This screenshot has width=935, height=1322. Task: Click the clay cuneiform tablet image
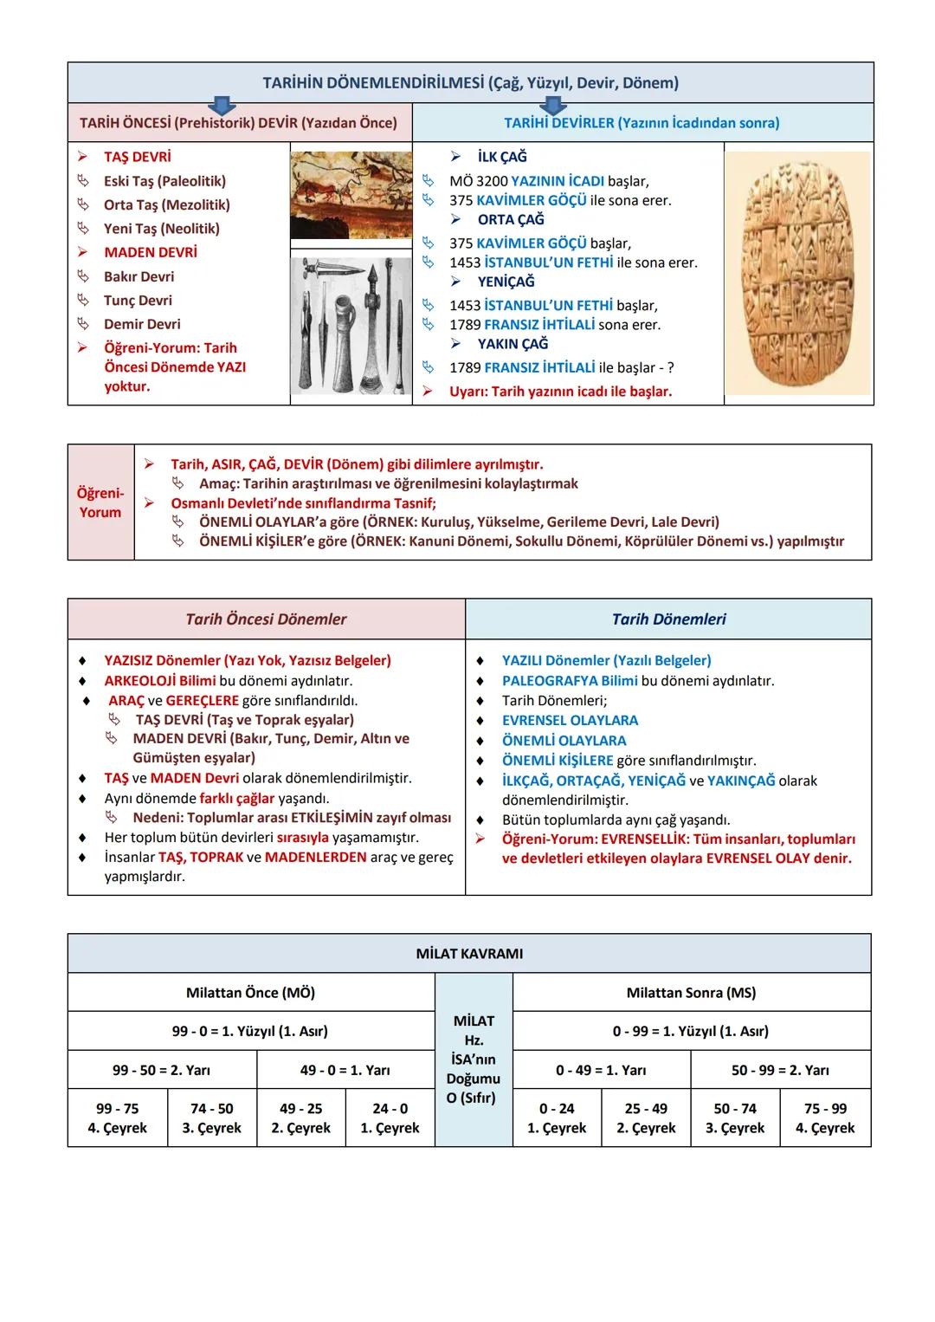pos(797,274)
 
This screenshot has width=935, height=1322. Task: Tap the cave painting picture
pos(351,195)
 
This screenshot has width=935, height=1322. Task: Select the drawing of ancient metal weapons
pos(351,327)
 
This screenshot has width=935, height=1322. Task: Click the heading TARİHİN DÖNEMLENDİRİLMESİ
pos(470,83)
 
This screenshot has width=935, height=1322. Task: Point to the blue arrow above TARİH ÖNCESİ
pos(222,106)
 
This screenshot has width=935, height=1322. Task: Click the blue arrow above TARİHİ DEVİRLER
pos(551,106)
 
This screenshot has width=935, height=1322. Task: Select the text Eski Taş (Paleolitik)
pos(164,181)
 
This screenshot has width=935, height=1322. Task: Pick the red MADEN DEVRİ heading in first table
pos(151,252)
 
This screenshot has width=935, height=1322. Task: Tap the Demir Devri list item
pos(142,324)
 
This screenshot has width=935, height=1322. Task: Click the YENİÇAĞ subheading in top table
pos(506,282)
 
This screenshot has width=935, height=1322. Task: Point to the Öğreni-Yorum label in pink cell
pos(100,502)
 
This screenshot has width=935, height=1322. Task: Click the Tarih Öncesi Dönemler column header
pos(266,619)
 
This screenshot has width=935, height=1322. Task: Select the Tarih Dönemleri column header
pos(668,619)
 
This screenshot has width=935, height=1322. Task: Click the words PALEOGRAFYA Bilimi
pos(570,681)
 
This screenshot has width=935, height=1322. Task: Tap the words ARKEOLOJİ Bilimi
pos(159,681)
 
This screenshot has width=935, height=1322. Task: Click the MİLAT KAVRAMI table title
pos(469,954)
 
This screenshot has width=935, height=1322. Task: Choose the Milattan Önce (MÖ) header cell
pos(250,993)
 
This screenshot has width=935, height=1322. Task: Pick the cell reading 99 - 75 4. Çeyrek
pos(117,1118)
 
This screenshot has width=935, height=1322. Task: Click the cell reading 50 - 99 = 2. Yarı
pos(780,1070)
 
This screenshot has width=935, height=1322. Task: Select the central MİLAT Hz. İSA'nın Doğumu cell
pos(474,1060)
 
